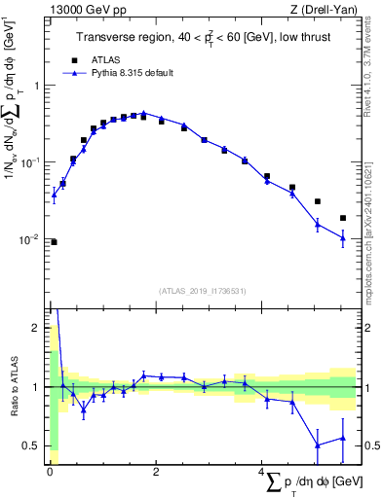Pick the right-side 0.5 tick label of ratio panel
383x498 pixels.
[370, 446]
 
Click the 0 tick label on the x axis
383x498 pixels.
[50, 474]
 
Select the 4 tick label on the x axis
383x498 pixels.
[261, 474]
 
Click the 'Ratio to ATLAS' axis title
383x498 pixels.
[13, 387]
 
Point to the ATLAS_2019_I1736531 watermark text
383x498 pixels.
[202, 291]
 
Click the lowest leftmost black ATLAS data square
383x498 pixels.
[54, 242]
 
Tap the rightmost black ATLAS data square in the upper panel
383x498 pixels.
[343, 218]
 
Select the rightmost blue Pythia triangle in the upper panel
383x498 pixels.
[343, 237]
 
